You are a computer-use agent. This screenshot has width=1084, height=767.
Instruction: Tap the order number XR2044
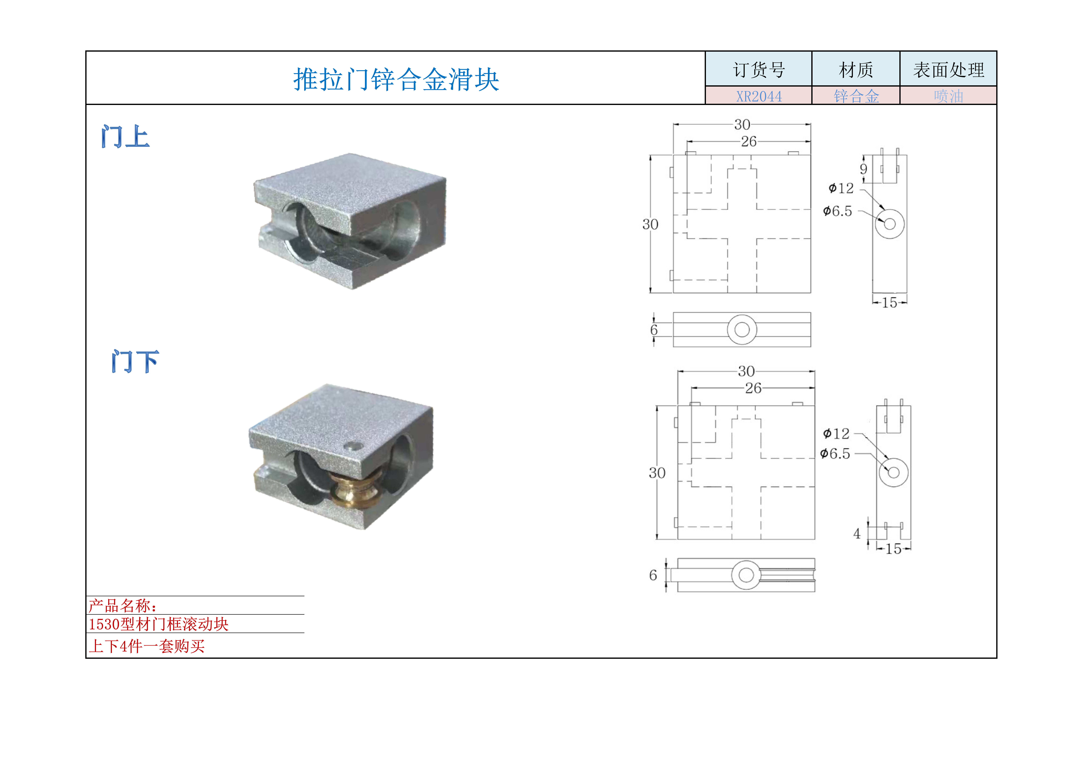(x=759, y=96)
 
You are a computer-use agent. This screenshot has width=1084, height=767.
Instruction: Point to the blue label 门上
(x=125, y=137)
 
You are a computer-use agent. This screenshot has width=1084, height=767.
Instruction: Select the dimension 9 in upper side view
(x=864, y=169)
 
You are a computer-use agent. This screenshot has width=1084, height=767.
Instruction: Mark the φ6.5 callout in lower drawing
(x=835, y=454)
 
